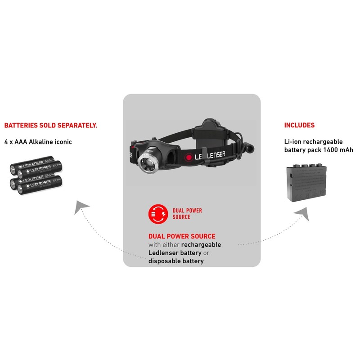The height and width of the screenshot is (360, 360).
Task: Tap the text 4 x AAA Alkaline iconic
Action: coord(38,142)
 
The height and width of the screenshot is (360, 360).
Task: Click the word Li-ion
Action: coord(293,141)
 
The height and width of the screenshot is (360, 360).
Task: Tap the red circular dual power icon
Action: coord(158,213)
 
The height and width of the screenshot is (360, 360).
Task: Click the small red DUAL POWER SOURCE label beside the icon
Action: coord(187,213)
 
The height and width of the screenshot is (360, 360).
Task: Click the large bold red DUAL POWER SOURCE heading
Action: coord(182,236)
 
